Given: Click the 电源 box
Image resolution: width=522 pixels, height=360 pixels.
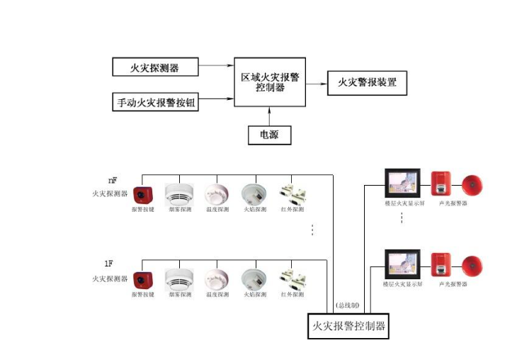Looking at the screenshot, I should tap(270, 134).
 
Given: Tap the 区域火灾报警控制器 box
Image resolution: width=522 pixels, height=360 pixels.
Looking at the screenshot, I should tap(269, 82).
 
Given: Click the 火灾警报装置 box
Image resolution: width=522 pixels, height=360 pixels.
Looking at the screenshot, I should tap(367, 83).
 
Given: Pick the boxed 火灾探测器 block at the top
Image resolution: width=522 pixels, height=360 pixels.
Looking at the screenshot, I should tap(154, 68).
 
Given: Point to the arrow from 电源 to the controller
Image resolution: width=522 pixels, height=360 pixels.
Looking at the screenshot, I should tap(270, 116).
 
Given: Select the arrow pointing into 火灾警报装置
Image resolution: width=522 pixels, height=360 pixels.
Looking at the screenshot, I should tap(316, 83).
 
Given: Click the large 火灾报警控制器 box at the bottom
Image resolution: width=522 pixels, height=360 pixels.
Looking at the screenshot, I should tap(348, 326).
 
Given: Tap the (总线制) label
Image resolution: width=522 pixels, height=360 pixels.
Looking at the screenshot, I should tap(347, 305).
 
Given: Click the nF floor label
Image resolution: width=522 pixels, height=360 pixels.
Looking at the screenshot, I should tap(112, 180).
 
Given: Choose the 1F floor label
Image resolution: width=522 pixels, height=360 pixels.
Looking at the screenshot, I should tap(109, 264).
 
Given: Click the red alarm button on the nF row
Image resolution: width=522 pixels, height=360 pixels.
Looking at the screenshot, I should tap(143, 195).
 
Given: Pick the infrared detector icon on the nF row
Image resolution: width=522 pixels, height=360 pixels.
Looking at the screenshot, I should tap(292, 194).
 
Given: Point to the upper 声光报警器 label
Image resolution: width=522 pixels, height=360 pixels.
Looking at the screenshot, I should tap(453, 203).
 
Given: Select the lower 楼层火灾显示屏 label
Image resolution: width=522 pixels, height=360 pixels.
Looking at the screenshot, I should tap(402, 284).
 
